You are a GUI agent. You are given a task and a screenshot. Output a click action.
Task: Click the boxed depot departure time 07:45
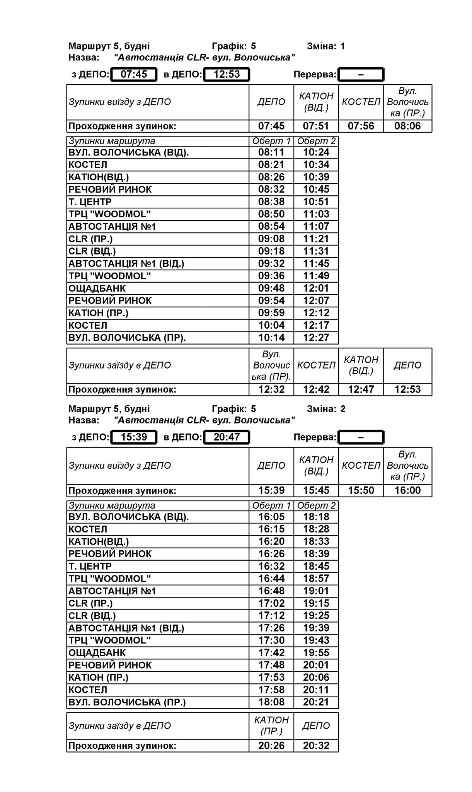(134, 74)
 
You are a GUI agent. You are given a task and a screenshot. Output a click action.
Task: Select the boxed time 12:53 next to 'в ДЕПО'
(227, 74)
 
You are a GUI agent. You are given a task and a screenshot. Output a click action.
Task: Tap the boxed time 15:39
(134, 437)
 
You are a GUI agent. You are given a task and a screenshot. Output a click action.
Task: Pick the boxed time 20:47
(227, 437)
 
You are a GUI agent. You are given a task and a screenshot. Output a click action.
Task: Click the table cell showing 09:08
(271, 239)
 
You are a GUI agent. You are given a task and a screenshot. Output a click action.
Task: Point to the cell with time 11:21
(316, 239)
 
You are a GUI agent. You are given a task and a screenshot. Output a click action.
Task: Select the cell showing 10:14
(271, 338)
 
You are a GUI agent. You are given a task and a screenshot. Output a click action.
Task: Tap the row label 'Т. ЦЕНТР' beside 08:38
(90, 202)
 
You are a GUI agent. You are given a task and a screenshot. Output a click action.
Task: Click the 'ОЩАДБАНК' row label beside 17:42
(97, 653)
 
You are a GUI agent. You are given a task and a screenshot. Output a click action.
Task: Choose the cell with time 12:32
(271, 389)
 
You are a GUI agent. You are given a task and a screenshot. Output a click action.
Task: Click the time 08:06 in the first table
(407, 126)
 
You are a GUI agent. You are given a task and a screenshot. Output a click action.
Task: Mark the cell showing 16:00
(407, 490)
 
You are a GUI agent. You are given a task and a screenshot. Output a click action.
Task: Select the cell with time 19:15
(316, 603)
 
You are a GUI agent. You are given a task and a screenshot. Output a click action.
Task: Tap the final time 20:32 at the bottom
(316, 746)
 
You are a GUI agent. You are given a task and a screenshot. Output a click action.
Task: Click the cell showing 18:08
(271, 702)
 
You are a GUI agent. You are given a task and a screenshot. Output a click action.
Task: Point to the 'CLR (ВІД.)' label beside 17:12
(92, 616)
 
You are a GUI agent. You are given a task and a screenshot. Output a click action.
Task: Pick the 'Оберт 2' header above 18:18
(316, 505)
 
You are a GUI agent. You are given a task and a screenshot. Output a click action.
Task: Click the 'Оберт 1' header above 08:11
(271, 141)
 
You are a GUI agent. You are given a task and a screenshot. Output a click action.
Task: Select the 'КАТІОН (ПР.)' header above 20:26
(271, 725)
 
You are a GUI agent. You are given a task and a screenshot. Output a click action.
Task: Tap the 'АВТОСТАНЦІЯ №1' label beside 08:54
(112, 227)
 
